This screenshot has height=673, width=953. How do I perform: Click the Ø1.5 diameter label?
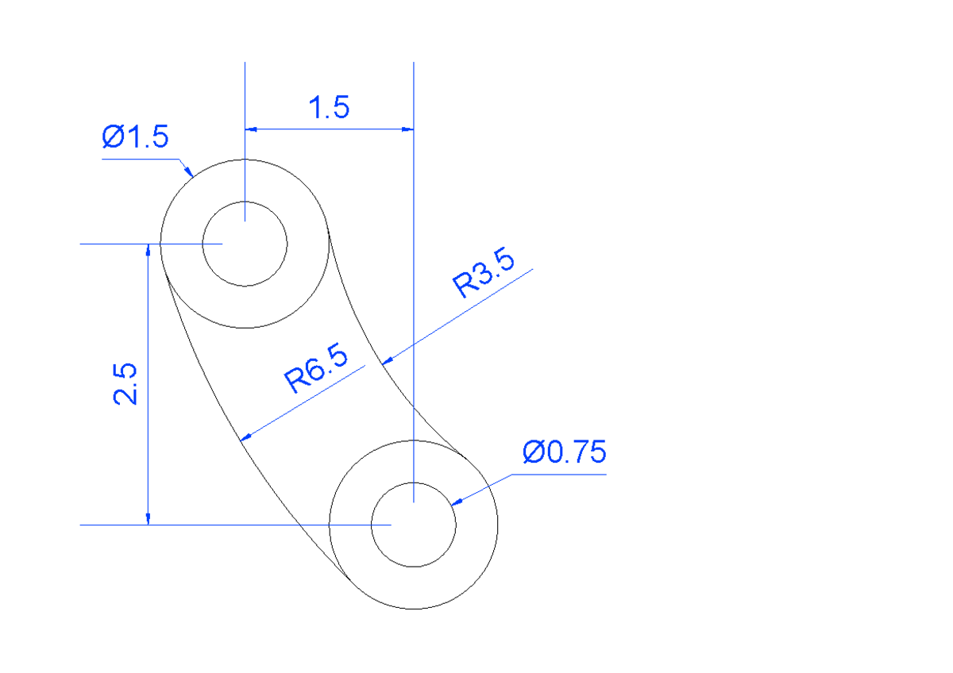[135, 137]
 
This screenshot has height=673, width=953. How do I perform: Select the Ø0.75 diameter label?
[565, 452]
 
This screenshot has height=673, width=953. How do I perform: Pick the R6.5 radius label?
[317, 369]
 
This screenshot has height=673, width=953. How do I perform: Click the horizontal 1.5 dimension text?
[329, 107]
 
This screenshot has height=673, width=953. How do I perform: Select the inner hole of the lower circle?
[413, 525]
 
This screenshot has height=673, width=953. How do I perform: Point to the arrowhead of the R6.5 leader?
[246, 436]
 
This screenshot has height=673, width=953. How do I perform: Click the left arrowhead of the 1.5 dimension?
[251, 128]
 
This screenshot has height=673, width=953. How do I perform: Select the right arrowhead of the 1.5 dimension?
[407, 128]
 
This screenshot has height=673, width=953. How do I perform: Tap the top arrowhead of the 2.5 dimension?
[148, 250]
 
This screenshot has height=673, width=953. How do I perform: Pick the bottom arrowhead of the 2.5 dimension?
[148, 518]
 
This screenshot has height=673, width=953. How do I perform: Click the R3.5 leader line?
[461, 315]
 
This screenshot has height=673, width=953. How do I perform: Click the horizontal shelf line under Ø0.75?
[559, 475]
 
